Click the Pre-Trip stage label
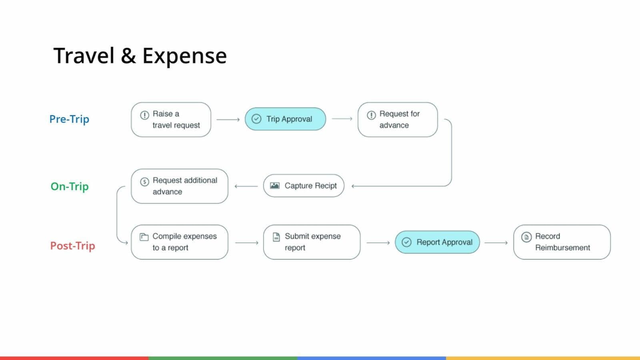(69, 119)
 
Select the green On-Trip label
(70, 186)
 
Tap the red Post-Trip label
(72, 246)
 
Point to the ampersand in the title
(128, 56)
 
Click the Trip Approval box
(285, 119)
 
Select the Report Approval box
(437, 242)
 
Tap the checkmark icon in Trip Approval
(256, 119)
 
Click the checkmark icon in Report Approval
(406, 242)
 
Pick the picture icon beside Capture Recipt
(274, 186)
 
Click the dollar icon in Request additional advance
(144, 182)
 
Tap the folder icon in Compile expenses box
(144, 237)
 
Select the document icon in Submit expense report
(276, 237)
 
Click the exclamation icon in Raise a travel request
(144, 115)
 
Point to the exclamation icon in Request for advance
(371, 115)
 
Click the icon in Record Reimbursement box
(526, 237)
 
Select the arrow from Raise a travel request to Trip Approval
(228, 120)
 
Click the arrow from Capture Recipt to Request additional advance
(246, 186)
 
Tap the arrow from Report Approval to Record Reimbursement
(496, 243)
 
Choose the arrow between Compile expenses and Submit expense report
(247, 243)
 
